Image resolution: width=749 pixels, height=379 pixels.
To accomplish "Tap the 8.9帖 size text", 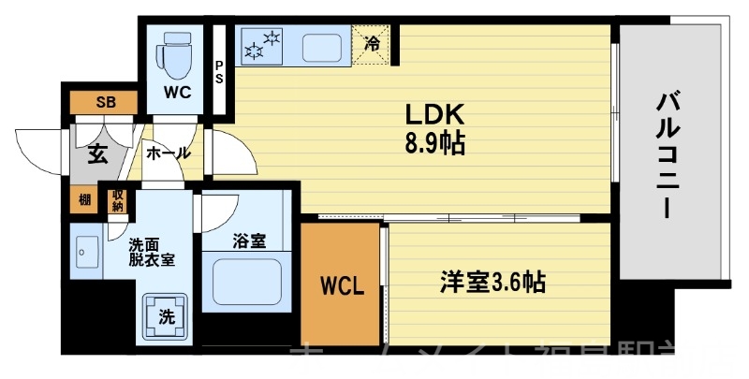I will (x=434, y=144).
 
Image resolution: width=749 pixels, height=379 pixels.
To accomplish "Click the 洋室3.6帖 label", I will (x=493, y=282).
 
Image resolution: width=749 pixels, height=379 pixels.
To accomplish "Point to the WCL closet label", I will (x=341, y=284).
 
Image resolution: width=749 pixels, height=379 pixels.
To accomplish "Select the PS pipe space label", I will (x=219, y=72).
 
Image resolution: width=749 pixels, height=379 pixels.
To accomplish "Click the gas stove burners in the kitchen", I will (x=263, y=45).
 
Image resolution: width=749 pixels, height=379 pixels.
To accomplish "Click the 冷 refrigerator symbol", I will (x=372, y=43).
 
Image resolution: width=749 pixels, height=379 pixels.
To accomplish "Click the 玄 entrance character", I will (x=98, y=154).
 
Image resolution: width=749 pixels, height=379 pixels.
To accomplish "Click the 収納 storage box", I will (x=118, y=199).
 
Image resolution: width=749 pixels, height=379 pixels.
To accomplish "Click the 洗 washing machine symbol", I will (x=165, y=316).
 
